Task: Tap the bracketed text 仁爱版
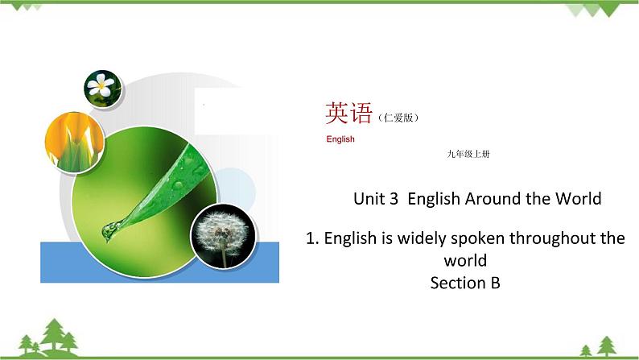point(398,118)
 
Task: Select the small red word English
point(340,139)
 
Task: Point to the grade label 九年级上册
point(467,154)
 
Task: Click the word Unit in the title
point(370,199)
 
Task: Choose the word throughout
point(553,238)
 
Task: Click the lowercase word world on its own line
point(465,261)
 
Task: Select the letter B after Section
point(495,283)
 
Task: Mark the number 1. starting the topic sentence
point(314,238)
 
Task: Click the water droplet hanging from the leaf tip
point(107,231)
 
